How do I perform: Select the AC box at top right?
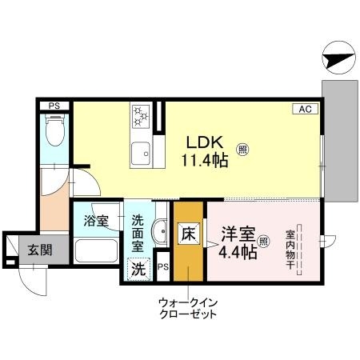coord(306,108)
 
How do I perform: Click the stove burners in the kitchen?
coord(141,116)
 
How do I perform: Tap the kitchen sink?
coord(141,149)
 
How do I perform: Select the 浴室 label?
coord(97,221)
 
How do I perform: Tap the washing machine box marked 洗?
coord(138,270)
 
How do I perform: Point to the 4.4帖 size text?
coord(238,252)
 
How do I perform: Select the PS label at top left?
coord(54,106)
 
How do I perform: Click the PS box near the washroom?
coord(163,268)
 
